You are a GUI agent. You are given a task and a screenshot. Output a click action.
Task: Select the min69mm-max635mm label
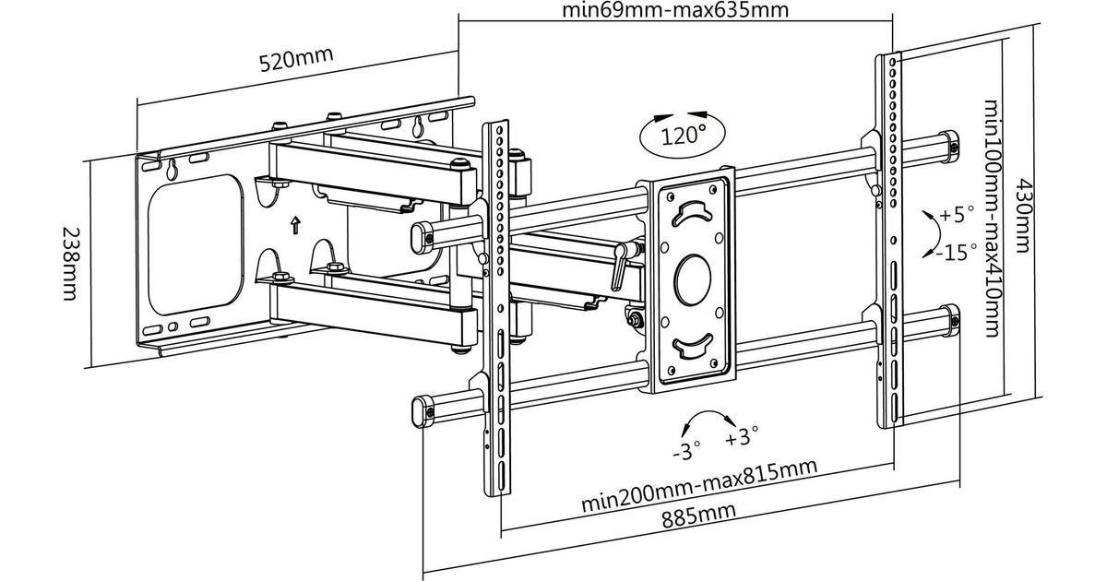(x=677, y=11)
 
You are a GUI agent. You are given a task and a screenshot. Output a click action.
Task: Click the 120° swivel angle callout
(x=683, y=136)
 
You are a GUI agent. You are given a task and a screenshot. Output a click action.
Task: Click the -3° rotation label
(x=685, y=452)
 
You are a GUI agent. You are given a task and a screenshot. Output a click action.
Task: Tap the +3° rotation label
(x=742, y=434)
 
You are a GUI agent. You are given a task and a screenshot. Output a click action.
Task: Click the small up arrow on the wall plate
(x=294, y=223)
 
